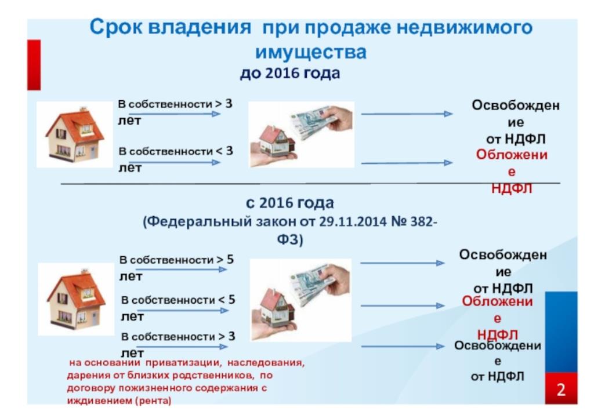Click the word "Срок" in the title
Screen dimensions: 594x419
coord(114,28)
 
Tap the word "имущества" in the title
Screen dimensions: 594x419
coord(311,52)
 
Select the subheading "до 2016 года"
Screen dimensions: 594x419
coord(290,73)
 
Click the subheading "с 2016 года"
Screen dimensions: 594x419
coord(290,203)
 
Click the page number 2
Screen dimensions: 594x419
coord(561,389)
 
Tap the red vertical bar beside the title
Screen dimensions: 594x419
coord(34,65)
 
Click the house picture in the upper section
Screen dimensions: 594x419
coord(75,134)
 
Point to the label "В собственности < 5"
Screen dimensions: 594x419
coord(178,300)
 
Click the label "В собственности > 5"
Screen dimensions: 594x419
coord(176,260)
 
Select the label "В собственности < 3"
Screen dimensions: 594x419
coord(176,151)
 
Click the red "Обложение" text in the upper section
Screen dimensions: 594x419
coord(512,163)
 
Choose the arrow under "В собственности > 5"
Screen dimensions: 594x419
coord(181,269)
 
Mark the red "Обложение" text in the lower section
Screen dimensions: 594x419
coord(497,309)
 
